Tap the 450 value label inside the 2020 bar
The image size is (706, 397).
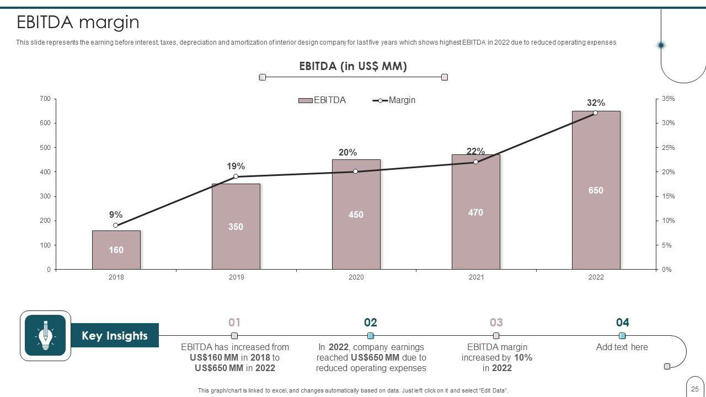pos(356,214)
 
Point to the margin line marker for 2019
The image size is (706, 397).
pos(236,176)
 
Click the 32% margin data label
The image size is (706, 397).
pos(596,103)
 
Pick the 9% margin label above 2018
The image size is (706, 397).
pos(116,215)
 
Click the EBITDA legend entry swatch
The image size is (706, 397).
pos(306,100)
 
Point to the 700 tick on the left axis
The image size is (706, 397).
pos(45,99)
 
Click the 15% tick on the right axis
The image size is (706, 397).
pos(668,196)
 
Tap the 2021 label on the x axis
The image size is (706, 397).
pos(476,277)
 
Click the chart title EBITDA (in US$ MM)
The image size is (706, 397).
pos(353,66)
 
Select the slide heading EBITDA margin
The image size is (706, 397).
pos(78,23)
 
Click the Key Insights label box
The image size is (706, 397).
pos(115,336)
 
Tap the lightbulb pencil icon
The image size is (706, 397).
pos(45,335)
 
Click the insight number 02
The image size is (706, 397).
pos(370,323)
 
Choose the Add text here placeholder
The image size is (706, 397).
pos(622,347)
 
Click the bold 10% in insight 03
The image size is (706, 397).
pos(523,357)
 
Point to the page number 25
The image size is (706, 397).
pos(694,389)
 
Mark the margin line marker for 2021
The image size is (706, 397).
pos(475,162)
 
